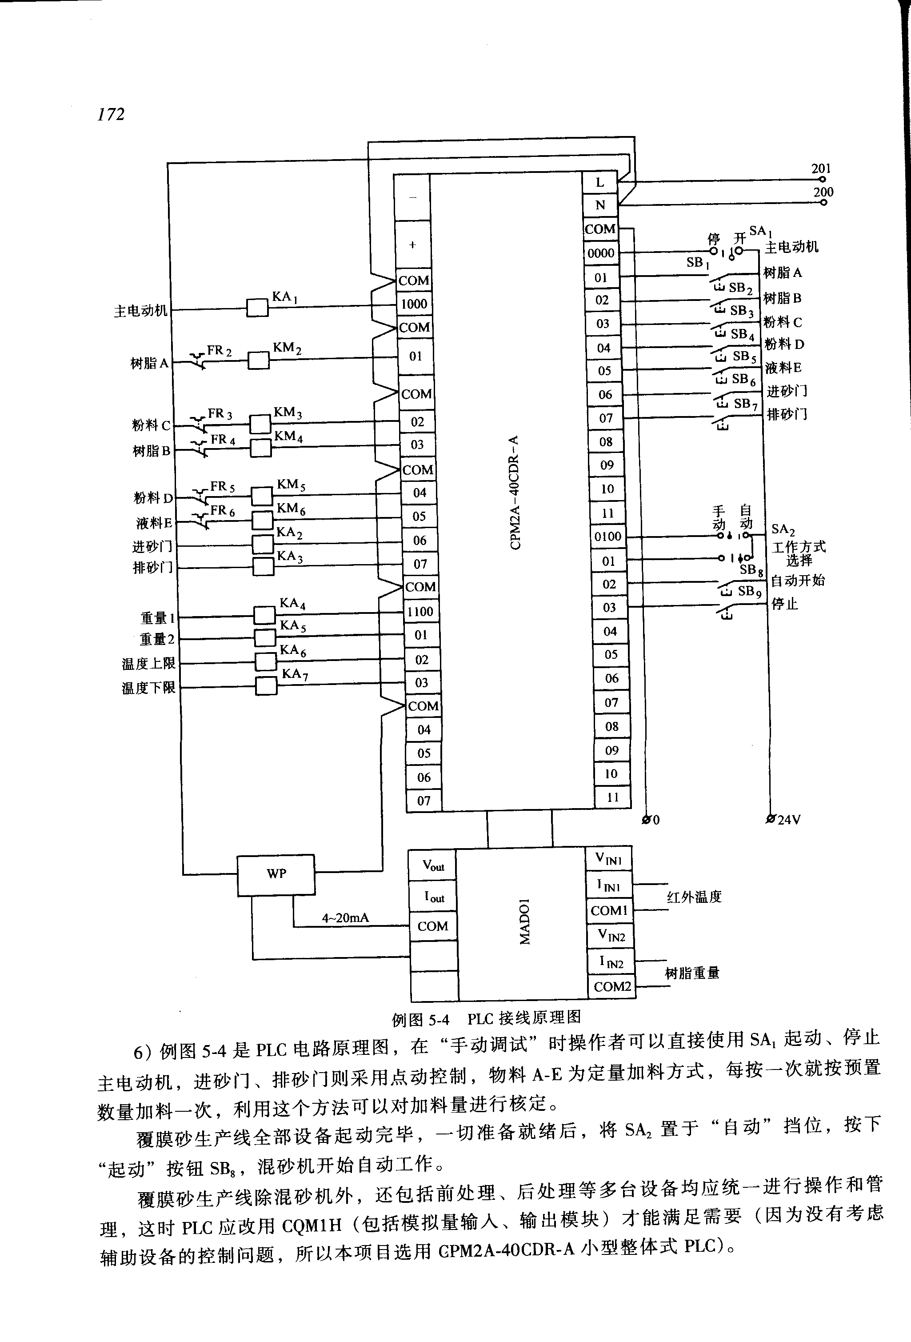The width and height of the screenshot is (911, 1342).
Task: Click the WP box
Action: [x=276, y=875]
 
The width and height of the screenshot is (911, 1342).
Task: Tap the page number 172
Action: [x=111, y=114]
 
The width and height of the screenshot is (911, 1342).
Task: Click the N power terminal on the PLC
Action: [x=600, y=205]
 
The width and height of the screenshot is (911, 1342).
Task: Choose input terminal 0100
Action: [x=608, y=537]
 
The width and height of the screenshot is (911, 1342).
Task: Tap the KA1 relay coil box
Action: [x=257, y=308]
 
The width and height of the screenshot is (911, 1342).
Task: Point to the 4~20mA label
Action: [x=345, y=918]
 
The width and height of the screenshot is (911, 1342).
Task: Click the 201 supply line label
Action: [x=820, y=168]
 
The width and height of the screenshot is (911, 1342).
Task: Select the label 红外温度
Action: [x=694, y=897]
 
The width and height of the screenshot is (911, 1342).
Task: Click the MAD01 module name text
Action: [x=524, y=921]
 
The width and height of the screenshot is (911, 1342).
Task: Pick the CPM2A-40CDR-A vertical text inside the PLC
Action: [x=515, y=492]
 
